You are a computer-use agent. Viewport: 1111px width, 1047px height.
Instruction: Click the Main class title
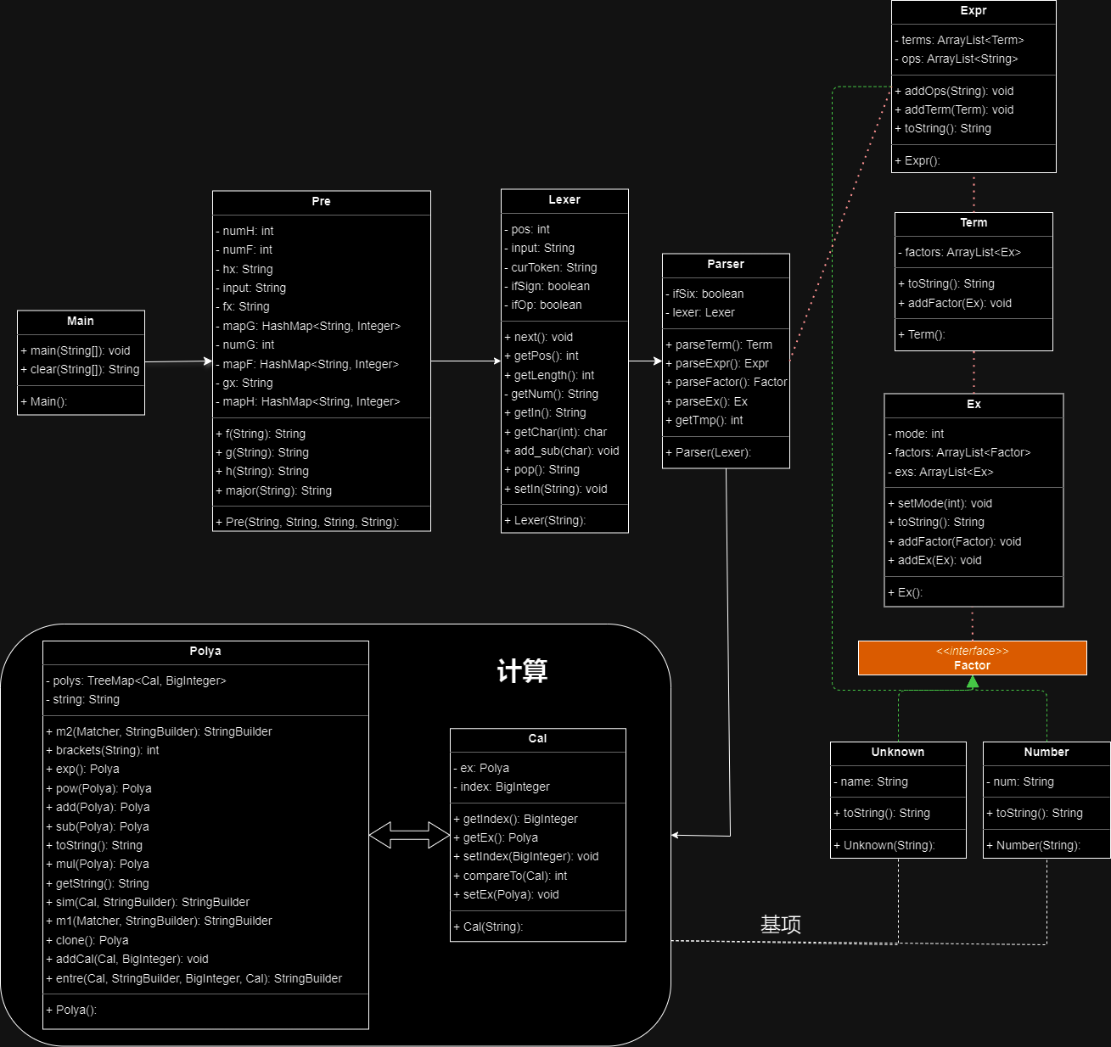click(x=81, y=321)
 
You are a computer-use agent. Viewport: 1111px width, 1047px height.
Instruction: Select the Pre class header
click(x=321, y=201)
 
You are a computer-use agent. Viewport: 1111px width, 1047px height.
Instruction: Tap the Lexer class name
click(x=564, y=199)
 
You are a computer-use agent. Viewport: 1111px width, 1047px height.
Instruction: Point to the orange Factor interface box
click(x=973, y=658)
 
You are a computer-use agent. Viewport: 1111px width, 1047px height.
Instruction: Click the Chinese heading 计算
click(x=522, y=670)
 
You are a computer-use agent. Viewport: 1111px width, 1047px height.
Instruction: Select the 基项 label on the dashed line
click(x=780, y=925)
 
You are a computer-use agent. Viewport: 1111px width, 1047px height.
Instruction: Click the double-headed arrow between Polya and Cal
click(x=409, y=835)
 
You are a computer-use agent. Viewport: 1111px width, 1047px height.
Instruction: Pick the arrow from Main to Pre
click(x=178, y=361)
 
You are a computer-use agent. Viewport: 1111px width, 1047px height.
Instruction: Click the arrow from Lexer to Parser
click(x=645, y=361)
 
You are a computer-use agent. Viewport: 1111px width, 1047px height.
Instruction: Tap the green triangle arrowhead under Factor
click(x=973, y=682)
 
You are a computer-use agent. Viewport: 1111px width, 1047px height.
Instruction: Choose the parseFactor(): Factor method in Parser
click(x=727, y=382)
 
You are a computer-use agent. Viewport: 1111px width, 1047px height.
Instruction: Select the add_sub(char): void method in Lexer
click(x=562, y=451)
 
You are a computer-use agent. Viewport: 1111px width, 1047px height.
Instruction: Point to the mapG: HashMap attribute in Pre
click(x=308, y=326)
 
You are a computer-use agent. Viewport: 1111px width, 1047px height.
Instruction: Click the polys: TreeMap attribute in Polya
click(x=136, y=680)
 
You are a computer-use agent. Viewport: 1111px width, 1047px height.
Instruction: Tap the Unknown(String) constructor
click(x=884, y=845)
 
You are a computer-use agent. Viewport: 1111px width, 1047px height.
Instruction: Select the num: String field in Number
click(x=1020, y=781)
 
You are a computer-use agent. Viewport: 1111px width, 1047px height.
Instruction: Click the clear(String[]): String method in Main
click(x=80, y=369)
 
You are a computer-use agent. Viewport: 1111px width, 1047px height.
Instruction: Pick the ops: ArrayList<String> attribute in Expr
click(x=956, y=59)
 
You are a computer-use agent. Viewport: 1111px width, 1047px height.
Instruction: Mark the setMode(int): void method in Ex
click(x=940, y=503)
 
